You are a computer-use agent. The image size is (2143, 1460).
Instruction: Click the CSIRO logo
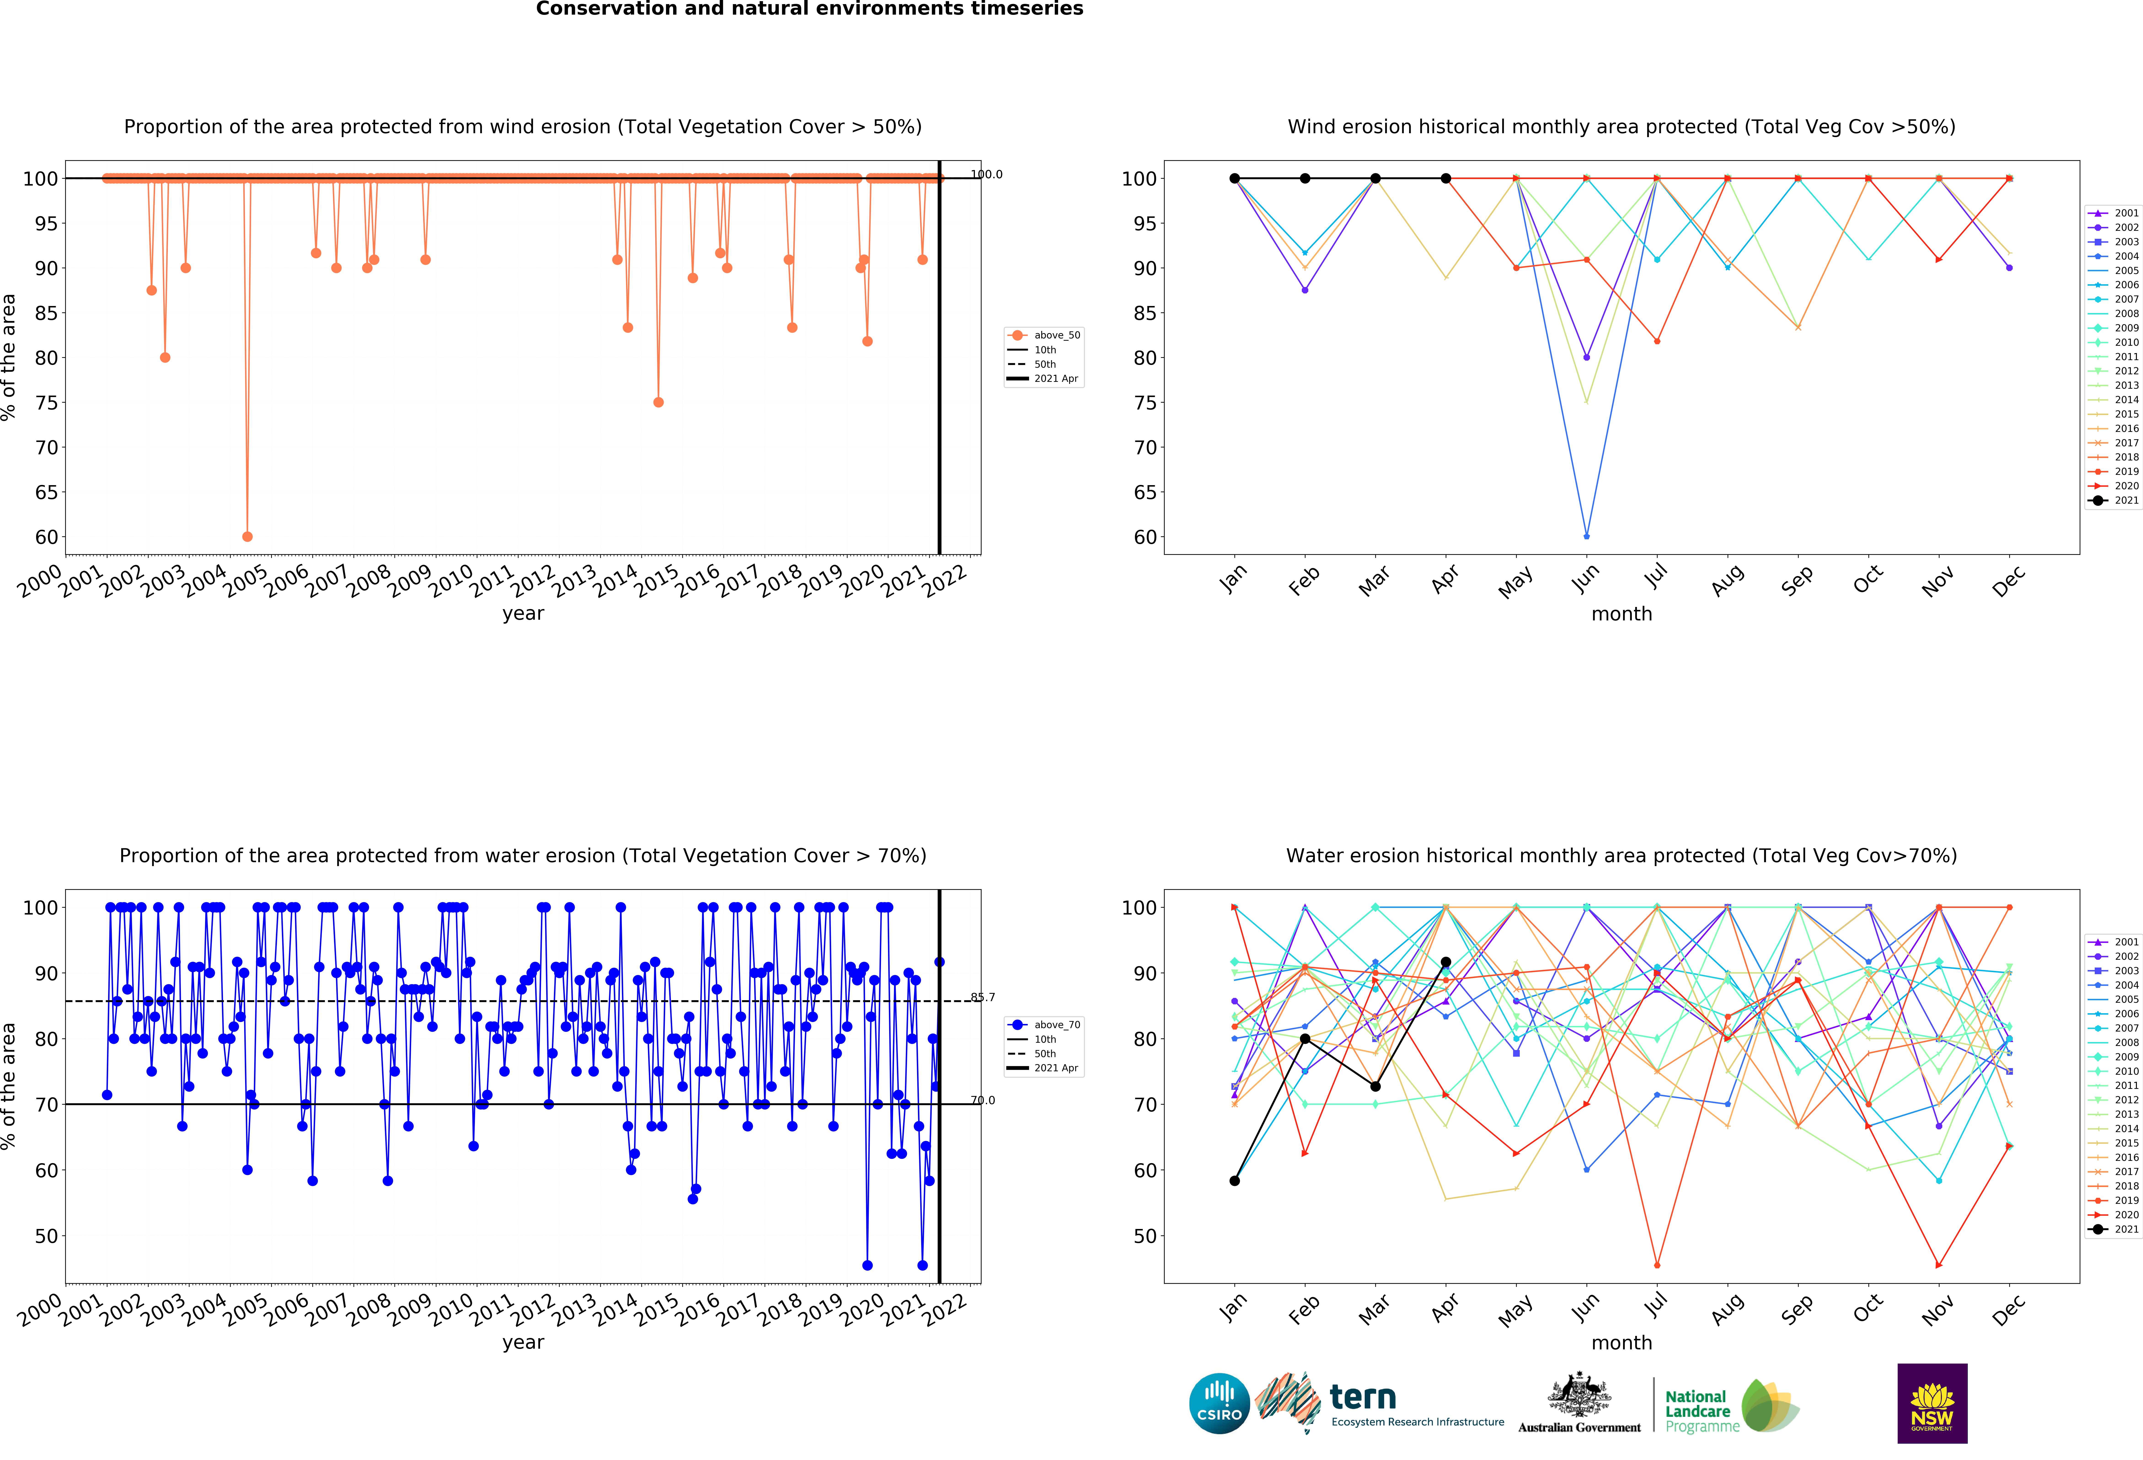1219,1404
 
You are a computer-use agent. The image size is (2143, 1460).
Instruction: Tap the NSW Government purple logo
1932,1403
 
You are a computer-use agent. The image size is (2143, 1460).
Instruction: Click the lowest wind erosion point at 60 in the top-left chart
247,536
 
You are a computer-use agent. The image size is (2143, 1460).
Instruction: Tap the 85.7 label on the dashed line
983,997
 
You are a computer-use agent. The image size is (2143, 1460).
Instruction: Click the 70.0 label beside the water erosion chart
983,1101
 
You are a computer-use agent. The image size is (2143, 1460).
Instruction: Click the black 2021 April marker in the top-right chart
1446,179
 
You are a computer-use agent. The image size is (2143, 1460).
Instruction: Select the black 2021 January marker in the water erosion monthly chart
1235,1181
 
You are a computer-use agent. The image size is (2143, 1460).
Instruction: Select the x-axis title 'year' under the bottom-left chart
523,1342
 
